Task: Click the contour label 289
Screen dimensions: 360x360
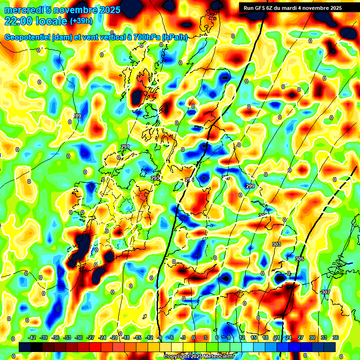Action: click(x=77, y=116)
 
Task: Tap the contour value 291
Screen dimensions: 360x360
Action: click(x=125, y=147)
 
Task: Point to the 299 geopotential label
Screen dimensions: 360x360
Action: click(x=250, y=186)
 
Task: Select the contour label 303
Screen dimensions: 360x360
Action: click(x=276, y=244)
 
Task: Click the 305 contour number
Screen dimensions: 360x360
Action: click(x=300, y=259)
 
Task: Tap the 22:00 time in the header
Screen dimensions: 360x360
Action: click(x=19, y=21)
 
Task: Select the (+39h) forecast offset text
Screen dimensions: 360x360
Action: click(x=81, y=21)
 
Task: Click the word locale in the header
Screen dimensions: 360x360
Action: click(x=52, y=21)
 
